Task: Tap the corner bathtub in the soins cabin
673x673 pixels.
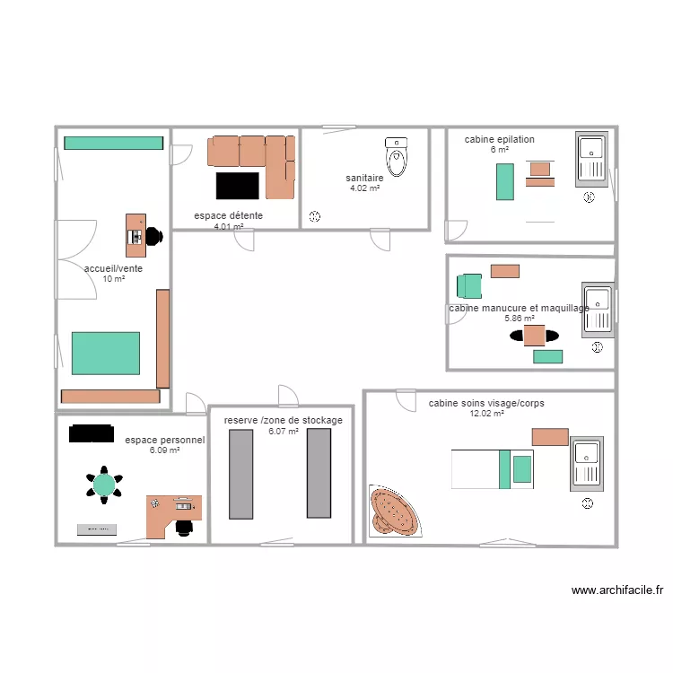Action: pyautogui.click(x=392, y=512)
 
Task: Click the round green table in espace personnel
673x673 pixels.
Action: pyautogui.click(x=105, y=485)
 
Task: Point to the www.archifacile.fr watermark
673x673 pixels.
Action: pyautogui.click(x=617, y=590)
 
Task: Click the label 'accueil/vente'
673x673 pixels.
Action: pyautogui.click(x=113, y=268)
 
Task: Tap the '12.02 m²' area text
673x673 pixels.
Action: pyautogui.click(x=486, y=414)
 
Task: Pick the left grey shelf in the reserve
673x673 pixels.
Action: pyautogui.click(x=240, y=474)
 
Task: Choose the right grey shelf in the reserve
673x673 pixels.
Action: pyautogui.click(x=319, y=473)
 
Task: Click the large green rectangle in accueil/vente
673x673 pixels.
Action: pyautogui.click(x=106, y=353)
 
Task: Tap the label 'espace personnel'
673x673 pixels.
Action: pyautogui.click(x=165, y=440)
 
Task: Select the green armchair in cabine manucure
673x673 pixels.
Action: pyautogui.click(x=469, y=285)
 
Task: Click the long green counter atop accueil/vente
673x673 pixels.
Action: pyautogui.click(x=113, y=143)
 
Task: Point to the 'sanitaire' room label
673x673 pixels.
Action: pyautogui.click(x=364, y=179)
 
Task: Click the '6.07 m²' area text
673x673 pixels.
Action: pyautogui.click(x=284, y=432)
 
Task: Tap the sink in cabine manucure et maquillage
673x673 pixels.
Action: pyautogui.click(x=596, y=309)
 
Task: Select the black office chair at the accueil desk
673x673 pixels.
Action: pyautogui.click(x=153, y=236)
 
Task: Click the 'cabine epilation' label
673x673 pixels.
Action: pyautogui.click(x=499, y=139)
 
